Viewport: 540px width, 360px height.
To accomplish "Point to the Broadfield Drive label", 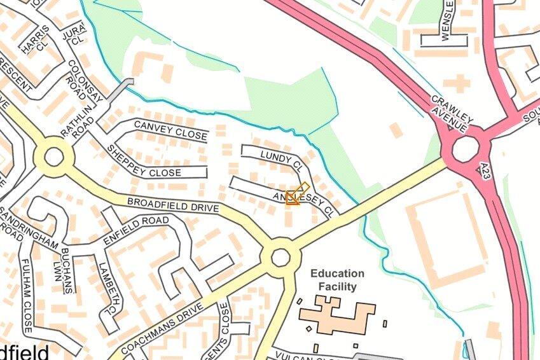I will [173, 205].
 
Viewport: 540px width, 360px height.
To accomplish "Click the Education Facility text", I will [338, 280].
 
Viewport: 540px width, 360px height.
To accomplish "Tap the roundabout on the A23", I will [465, 149].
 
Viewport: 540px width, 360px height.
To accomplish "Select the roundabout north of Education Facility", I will [280, 258].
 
